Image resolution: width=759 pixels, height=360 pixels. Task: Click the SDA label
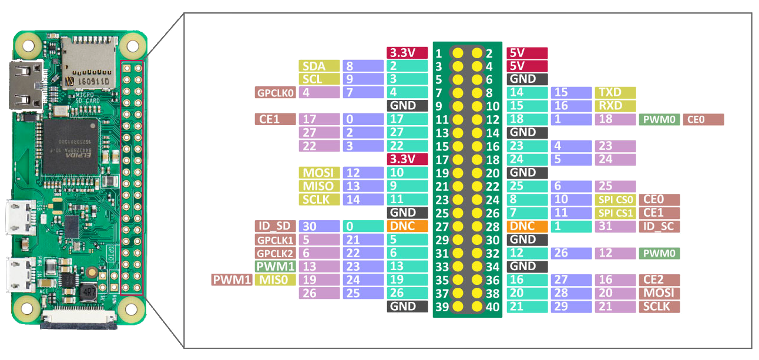(x=319, y=66)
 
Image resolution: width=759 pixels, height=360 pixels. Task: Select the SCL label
(x=319, y=79)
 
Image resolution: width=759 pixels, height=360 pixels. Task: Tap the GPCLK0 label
(x=274, y=92)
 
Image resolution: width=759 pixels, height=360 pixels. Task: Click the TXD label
(x=615, y=92)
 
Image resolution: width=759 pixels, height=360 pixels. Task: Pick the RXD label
(x=615, y=106)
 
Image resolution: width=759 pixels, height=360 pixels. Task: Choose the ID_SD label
(x=274, y=226)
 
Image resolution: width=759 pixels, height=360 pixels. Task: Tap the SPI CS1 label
(x=615, y=213)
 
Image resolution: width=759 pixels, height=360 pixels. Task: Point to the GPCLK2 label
(x=274, y=253)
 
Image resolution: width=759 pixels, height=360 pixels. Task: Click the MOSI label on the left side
(x=319, y=173)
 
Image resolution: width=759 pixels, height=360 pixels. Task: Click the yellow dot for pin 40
(x=476, y=307)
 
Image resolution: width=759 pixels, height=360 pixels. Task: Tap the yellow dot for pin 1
(x=458, y=53)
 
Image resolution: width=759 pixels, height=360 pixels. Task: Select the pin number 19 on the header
(x=441, y=173)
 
